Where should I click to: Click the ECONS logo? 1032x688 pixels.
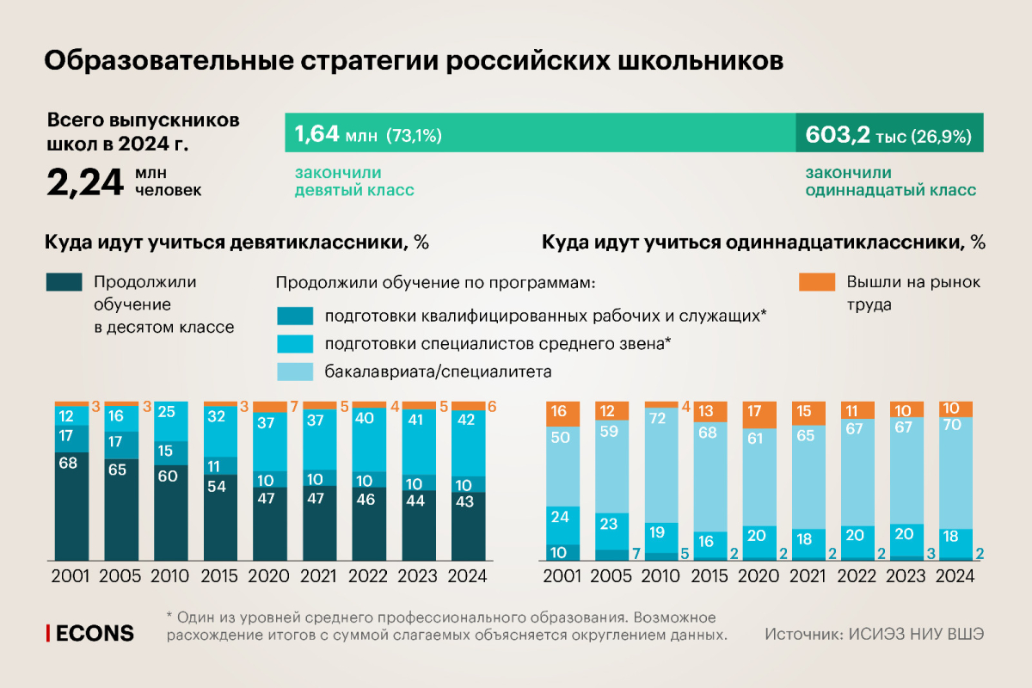click(x=90, y=634)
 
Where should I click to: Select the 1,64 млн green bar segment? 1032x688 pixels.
click(x=540, y=135)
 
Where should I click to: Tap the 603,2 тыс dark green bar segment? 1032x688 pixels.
click(x=889, y=135)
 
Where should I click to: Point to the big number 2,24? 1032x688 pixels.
click(x=84, y=181)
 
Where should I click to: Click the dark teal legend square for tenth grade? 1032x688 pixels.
click(x=64, y=283)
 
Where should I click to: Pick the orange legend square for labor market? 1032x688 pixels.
click(x=816, y=283)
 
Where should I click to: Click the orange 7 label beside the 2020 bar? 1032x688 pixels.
click(x=294, y=406)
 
